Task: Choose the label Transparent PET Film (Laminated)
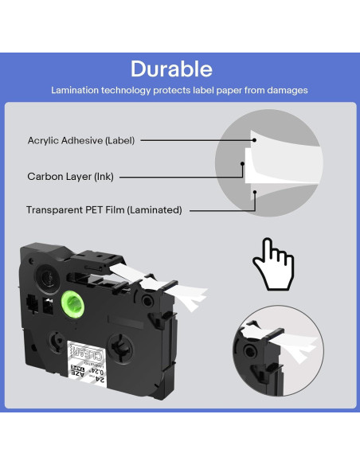pos(104,210)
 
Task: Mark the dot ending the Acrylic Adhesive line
pos(254,139)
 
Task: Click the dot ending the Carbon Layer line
pos(243,169)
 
